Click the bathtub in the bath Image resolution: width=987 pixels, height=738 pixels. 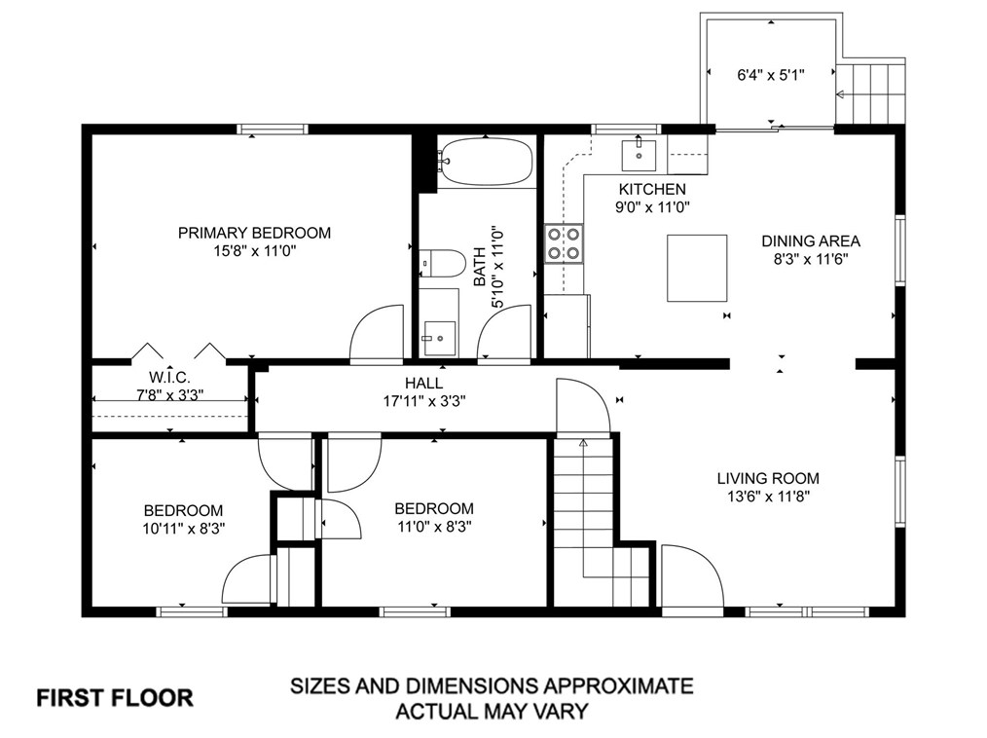tap(486, 162)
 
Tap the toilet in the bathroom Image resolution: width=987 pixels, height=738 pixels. tap(443, 263)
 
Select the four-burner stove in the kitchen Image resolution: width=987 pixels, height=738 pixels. tap(564, 244)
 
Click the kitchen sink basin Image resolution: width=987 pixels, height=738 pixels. tap(639, 156)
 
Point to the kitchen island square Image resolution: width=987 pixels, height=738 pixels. tap(698, 269)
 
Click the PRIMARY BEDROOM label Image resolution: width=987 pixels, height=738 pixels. tap(254, 233)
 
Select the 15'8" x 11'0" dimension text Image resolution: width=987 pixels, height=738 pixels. tap(255, 251)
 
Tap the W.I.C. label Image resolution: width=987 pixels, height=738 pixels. tap(169, 377)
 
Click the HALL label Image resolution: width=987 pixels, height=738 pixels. tap(423, 383)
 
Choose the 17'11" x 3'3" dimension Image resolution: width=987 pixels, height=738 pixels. tap(424, 401)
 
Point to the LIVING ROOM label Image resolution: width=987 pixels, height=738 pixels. tap(768, 479)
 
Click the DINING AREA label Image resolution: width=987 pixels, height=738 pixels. tap(811, 241)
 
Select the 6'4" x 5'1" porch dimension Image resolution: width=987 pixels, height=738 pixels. tap(771, 75)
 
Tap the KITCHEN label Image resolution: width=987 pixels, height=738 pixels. tap(652, 189)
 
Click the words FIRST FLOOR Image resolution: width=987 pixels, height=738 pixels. tap(115, 698)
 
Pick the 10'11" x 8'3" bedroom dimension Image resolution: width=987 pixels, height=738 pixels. tap(184, 529)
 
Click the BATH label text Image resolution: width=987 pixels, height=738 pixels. tap(480, 267)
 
